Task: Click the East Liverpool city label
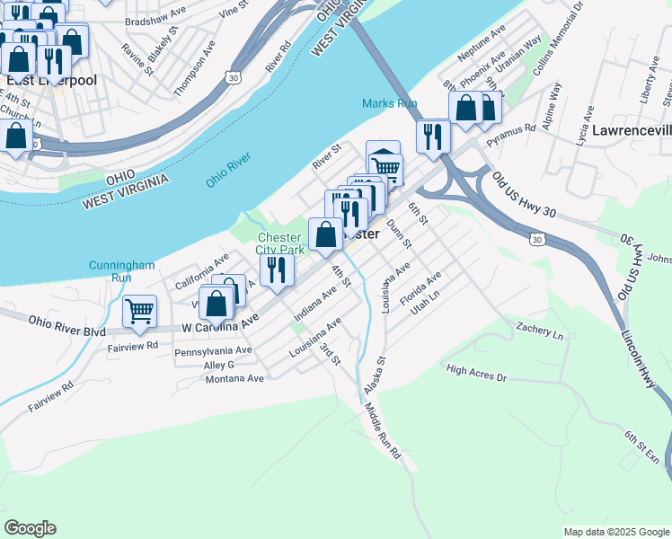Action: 51,80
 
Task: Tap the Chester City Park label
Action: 280,243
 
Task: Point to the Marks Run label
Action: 390,104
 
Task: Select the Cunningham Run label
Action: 121,271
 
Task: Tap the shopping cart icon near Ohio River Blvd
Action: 139,311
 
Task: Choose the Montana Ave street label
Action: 234,379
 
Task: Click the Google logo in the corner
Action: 30,528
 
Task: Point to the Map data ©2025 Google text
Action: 615,532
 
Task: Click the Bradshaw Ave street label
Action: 155,20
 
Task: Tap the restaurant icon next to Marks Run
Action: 433,136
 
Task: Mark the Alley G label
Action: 218,365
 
